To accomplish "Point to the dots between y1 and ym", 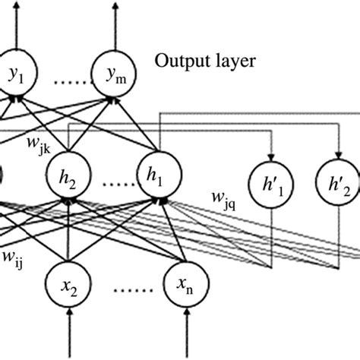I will pos(62,75).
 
